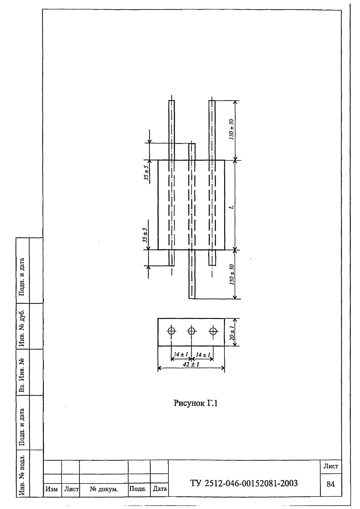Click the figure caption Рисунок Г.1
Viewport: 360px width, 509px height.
tap(196, 403)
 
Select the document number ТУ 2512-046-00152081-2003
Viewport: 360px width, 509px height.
tap(244, 483)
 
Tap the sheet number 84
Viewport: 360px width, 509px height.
tap(330, 484)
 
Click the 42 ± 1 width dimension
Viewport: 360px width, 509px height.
tap(191, 364)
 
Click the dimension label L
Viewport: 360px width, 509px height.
tap(232, 207)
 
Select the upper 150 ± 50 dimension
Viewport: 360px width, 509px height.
tap(232, 129)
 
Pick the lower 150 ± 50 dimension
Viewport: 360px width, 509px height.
tap(232, 274)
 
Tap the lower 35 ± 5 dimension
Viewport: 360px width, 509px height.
tap(145, 235)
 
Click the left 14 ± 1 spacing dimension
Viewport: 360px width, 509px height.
tap(181, 354)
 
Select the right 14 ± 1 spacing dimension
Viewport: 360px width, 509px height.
tap(203, 355)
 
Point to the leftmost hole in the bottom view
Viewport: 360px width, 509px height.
tap(172, 331)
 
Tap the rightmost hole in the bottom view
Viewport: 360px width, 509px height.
tap(213, 331)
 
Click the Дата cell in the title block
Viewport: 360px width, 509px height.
tap(159, 489)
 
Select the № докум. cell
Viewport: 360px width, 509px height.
tap(104, 489)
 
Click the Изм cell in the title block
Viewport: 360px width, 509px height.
tap(52, 489)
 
